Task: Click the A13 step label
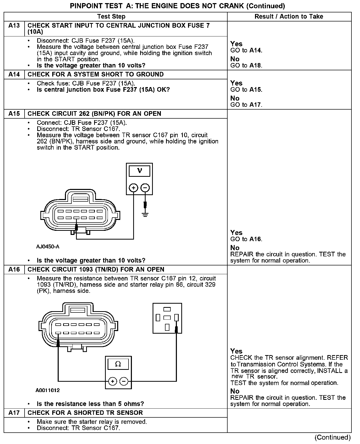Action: coord(14,26)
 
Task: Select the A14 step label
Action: coord(14,74)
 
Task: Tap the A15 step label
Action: coord(14,114)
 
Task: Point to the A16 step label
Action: coord(14,270)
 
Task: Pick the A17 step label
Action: coord(14,413)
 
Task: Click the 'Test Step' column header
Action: coord(111,17)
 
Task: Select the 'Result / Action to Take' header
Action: coord(289,17)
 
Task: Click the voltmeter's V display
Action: coord(139,171)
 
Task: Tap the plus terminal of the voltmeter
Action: coord(133,188)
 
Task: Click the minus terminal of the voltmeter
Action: coord(145,188)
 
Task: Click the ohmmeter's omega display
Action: coord(118,364)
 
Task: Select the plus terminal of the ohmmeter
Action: coord(113,381)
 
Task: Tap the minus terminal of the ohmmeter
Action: coord(124,381)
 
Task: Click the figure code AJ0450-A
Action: coord(48,247)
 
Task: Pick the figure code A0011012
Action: coord(48,390)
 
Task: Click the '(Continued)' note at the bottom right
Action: coord(332,437)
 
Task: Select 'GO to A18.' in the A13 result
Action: coord(246,66)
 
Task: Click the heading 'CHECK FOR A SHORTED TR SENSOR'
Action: coord(85,413)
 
